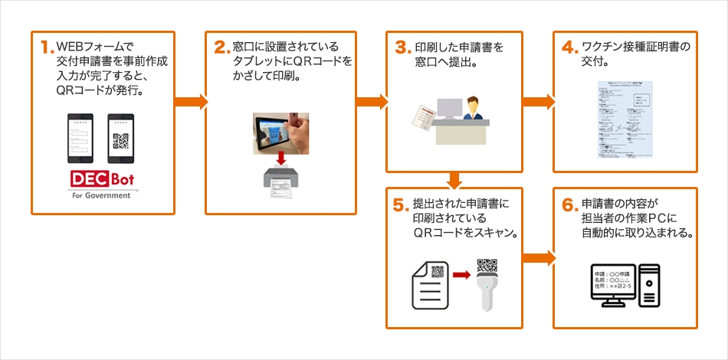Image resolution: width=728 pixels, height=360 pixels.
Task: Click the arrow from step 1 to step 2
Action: click(x=192, y=101)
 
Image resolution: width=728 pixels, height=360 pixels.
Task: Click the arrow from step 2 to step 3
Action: click(x=372, y=101)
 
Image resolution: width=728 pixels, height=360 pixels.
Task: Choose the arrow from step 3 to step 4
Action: click(x=539, y=101)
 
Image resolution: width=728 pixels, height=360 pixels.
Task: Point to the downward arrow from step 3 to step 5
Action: click(x=454, y=180)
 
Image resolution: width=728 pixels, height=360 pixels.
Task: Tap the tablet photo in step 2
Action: click(x=280, y=132)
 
